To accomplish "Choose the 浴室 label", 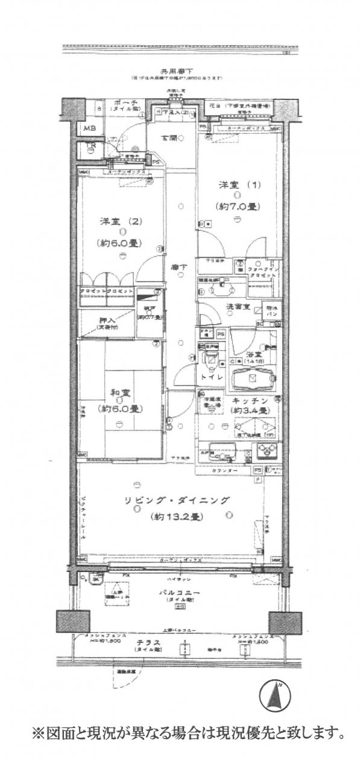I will [x=253, y=355].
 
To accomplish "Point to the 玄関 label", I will [x=168, y=139].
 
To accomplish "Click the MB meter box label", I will [x=89, y=128].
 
